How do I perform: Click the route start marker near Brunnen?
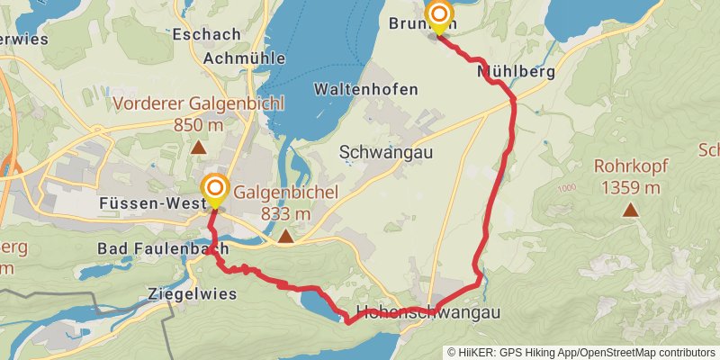(x=439, y=15)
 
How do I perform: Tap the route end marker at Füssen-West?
(x=215, y=189)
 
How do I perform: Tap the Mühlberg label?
(x=516, y=70)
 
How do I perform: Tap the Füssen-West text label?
(x=148, y=204)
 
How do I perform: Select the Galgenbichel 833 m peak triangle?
(x=285, y=237)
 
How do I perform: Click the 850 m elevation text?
(x=198, y=124)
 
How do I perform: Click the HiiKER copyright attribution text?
(x=581, y=352)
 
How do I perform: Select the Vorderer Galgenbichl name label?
(x=198, y=103)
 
